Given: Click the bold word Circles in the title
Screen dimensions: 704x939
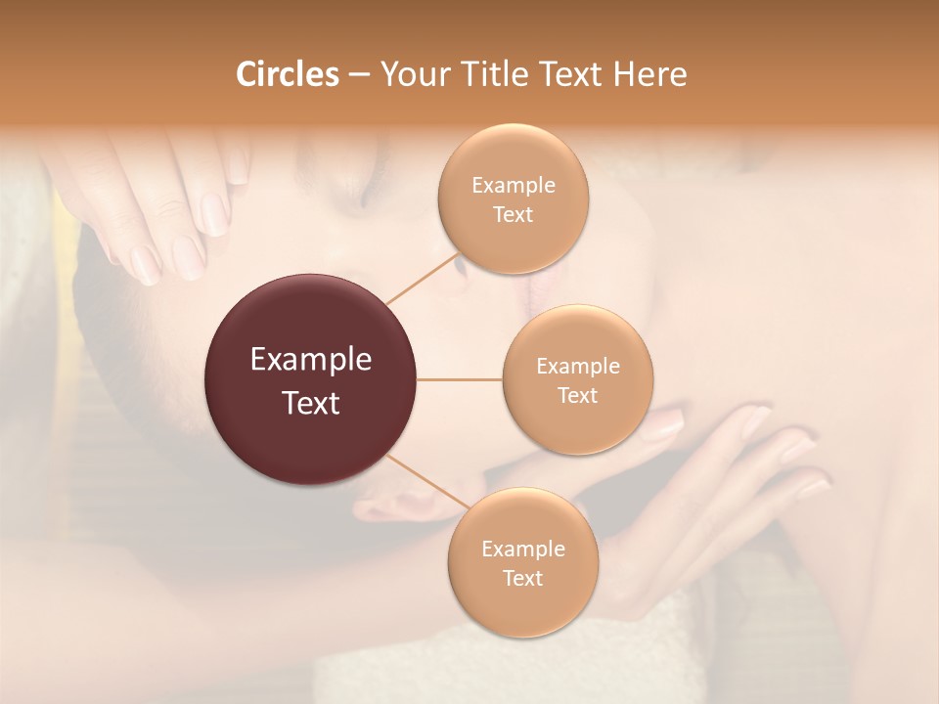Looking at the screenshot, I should click(287, 74).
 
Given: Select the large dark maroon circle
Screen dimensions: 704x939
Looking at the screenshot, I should click(311, 379).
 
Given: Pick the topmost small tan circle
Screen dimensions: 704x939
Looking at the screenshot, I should click(513, 199).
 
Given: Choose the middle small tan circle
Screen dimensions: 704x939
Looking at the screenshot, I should click(577, 379).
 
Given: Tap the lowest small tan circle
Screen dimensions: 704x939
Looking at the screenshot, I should click(522, 562).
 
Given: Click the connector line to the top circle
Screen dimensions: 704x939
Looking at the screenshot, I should click(423, 279).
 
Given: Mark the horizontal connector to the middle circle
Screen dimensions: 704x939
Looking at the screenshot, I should click(460, 379).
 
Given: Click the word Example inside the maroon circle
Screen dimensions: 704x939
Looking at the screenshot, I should click(311, 360).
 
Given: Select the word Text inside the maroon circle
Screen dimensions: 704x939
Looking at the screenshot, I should click(311, 403).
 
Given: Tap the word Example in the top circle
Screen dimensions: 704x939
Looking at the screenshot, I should click(513, 186).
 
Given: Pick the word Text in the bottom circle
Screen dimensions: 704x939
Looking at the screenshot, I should click(522, 578).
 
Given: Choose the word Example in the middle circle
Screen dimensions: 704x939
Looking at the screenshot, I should click(577, 367).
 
